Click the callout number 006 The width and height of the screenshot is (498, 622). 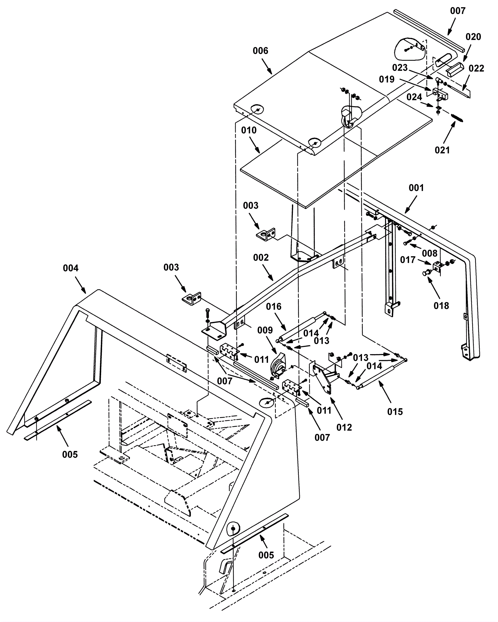pyautogui.click(x=260, y=51)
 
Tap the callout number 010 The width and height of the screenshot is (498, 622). pyautogui.click(x=249, y=130)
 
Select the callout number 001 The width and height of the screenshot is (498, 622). pyautogui.click(x=416, y=188)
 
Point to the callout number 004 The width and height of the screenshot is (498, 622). pyautogui.click(x=71, y=268)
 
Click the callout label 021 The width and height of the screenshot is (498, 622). pyautogui.click(x=442, y=150)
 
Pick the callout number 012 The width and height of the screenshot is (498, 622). pyautogui.click(x=344, y=427)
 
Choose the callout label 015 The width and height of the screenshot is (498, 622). pyautogui.click(x=395, y=412)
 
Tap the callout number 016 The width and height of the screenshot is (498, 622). pyautogui.click(x=274, y=307)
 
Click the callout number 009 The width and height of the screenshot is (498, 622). pyautogui.click(x=265, y=330)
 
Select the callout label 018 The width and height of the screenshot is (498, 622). pyautogui.click(x=441, y=306)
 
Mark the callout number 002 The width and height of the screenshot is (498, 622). pyautogui.click(x=261, y=257)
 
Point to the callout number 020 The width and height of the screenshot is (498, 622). pyautogui.click(x=473, y=37)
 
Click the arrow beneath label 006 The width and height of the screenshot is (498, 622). pyautogui.click(x=267, y=66)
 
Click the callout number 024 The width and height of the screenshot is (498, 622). pyautogui.click(x=414, y=97)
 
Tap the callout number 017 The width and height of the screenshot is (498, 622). pyautogui.click(x=408, y=260)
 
